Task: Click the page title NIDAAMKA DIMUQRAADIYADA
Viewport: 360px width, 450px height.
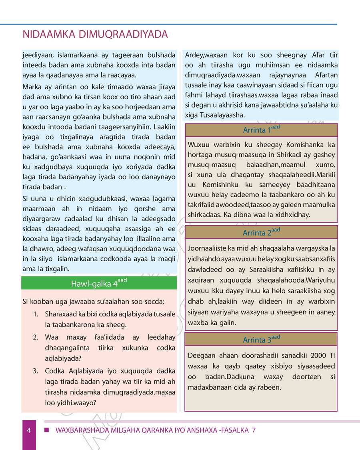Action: click(95, 35)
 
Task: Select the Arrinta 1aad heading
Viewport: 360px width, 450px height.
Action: click(261, 130)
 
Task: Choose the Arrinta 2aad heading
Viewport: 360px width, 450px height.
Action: click(261, 232)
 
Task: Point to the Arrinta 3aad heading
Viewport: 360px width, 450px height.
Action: click(261, 340)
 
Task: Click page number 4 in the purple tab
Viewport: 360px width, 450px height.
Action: click(29, 430)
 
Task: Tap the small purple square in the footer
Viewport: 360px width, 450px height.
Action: click(46, 430)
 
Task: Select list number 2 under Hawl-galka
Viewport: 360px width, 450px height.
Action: click(36, 337)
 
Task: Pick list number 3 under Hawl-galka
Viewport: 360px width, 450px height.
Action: click(36, 371)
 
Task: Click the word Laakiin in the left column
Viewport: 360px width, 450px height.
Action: click(164, 127)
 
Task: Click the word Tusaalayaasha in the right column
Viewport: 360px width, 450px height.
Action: click(224, 115)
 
